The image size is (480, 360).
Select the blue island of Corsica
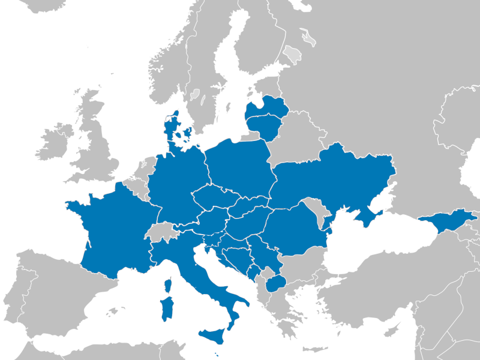coord(169,284)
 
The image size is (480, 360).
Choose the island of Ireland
coord(56,143)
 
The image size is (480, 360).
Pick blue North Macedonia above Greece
coord(275,283)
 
